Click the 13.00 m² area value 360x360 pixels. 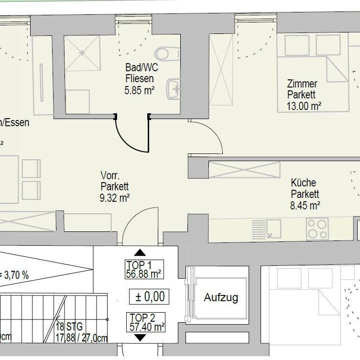click(x=304, y=106)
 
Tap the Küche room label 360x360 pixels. click(x=303, y=183)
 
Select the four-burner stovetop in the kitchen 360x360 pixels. click(x=317, y=228)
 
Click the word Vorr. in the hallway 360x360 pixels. click(x=110, y=175)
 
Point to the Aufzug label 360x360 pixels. click(x=221, y=297)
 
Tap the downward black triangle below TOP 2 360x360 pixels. click(x=140, y=338)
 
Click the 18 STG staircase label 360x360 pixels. click(x=69, y=327)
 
